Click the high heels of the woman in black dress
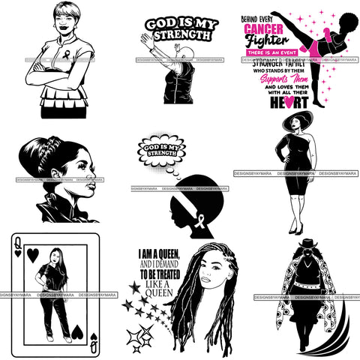(x=293, y=228)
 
